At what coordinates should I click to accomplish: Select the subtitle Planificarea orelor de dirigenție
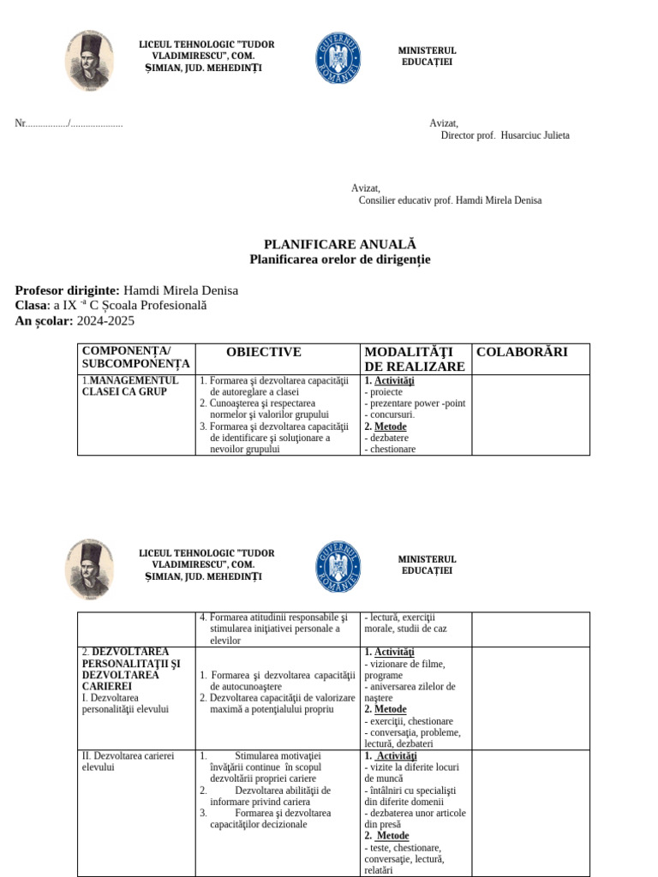coord(339,260)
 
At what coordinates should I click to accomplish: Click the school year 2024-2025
coord(105,321)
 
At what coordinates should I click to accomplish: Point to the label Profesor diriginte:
coord(68,290)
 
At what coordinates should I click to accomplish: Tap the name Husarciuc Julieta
coord(535,135)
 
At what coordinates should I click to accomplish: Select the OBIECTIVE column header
coord(263,352)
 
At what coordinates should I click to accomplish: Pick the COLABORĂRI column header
coord(521,352)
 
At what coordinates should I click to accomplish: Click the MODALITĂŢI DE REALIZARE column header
coord(416,359)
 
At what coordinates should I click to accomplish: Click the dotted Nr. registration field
coord(69,123)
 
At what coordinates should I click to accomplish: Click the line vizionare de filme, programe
coord(407,669)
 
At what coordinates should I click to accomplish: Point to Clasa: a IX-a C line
coord(111,306)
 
